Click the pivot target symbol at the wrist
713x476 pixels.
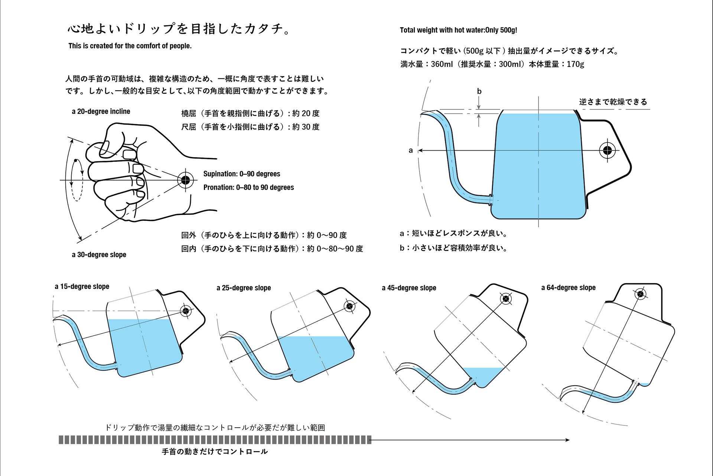pos(186,180)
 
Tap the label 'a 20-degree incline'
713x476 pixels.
pos(101,112)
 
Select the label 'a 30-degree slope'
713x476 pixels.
pos(99,255)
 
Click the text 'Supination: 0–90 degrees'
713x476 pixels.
pos(242,174)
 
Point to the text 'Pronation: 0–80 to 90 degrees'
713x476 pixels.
pos(248,187)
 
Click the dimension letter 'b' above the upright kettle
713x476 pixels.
pos(479,91)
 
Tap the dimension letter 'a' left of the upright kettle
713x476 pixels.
pos(410,151)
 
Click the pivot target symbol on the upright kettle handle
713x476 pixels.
pos(607,150)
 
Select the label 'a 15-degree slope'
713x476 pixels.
pos(82,287)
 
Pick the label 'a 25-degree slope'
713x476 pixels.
pos(244,288)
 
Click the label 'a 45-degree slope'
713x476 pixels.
pos(409,288)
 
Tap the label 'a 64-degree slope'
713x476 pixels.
pos(568,288)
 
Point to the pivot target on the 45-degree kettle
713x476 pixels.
pos(506,299)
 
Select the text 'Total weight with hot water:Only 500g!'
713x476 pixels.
pos(458,30)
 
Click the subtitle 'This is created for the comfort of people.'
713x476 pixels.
pos(130,46)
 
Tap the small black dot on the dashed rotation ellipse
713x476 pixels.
pos(75,161)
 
